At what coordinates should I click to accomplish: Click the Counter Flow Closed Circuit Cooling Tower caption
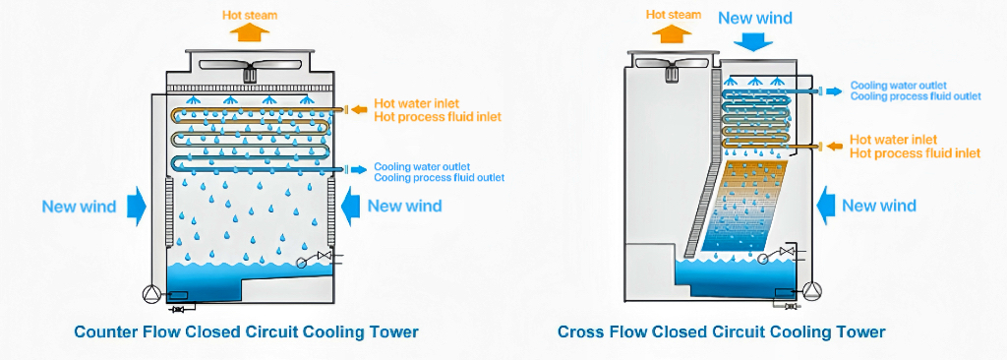[x=246, y=332]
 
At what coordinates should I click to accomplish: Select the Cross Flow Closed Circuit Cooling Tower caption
[x=721, y=332]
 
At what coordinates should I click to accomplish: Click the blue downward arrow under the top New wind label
[x=754, y=41]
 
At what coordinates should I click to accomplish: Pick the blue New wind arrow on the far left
[x=136, y=206]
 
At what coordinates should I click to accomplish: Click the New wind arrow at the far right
[x=826, y=206]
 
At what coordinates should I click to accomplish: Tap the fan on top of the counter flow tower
[x=246, y=71]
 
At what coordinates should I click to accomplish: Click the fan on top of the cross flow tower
[x=671, y=67]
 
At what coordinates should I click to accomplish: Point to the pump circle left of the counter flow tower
[x=149, y=292]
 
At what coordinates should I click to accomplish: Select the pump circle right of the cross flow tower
[x=813, y=289]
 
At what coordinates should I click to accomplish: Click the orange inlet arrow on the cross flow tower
[x=834, y=146]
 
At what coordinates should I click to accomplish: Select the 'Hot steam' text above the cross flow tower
[x=674, y=15]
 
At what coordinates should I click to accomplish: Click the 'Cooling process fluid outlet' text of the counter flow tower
[x=439, y=178]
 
